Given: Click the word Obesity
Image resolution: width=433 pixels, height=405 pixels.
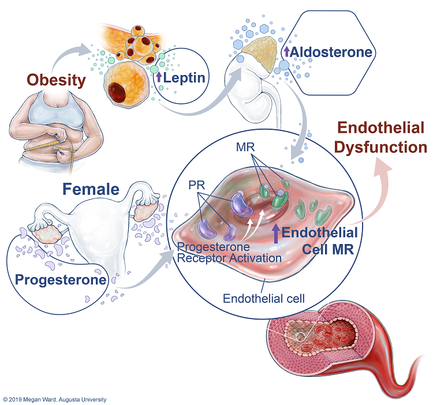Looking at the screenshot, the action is click(57, 80).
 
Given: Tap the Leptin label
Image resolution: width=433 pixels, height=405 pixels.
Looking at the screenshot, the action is click(184, 77).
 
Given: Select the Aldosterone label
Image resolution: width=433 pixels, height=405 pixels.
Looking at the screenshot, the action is click(331, 52).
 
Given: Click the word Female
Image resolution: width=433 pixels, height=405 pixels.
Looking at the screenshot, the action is click(91, 189).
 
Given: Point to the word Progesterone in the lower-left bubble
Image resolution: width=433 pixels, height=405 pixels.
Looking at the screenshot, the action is click(61, 280).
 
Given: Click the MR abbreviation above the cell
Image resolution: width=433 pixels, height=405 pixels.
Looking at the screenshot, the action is click(245, 147).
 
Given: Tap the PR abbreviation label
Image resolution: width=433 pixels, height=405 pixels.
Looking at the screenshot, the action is click(197, 185).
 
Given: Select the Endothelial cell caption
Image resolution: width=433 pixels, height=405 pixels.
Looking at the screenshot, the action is click(264, 298).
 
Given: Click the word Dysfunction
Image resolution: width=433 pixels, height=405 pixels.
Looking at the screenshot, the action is click(381, 148).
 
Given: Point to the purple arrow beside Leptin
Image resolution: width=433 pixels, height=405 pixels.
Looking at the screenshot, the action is click(159, 77).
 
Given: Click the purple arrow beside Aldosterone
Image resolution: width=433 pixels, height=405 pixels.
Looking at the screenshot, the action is click(286, 51).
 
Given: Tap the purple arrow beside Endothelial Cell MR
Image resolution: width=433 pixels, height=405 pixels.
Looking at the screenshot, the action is click(276, 234).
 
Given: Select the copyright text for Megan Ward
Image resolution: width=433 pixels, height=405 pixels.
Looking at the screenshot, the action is click(55, 399).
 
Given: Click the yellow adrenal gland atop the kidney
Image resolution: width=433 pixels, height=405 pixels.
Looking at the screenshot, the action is click(260, 54).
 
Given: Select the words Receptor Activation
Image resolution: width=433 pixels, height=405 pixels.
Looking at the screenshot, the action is click(229, 258).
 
